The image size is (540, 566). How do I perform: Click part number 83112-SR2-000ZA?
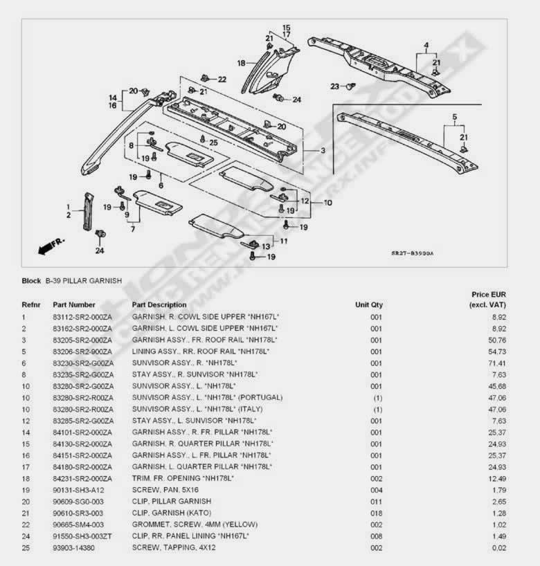82,316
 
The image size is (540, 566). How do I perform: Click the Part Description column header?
159,304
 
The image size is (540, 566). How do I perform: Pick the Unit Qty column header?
369,304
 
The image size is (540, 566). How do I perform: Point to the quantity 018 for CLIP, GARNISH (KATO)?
376,513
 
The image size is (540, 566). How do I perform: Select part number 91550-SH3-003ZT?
82,536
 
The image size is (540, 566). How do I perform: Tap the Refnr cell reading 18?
25,478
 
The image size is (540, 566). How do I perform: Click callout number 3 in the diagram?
323,150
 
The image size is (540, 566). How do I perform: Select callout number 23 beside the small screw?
335,86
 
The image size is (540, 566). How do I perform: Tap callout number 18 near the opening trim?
241,63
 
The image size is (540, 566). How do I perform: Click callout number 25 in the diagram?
213,143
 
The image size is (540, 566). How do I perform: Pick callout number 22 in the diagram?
222,80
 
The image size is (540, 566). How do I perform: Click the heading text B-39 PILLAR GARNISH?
84,281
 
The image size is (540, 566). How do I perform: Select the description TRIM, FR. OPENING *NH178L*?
183,478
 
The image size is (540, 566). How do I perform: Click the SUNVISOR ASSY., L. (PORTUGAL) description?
207,397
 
